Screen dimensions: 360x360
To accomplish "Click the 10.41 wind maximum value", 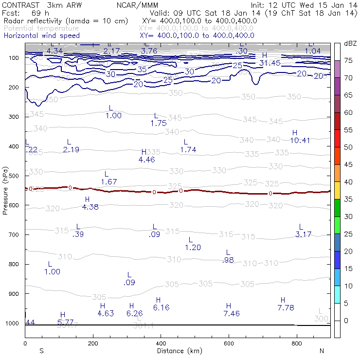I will (x=300, y=141).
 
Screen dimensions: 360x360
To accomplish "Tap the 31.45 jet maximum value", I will (x=270, y=63).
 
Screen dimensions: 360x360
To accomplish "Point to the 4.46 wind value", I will (x=146, y=160).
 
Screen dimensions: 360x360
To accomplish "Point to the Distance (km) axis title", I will (x=177, y=350).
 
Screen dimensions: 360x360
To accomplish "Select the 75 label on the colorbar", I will (x=349, y=60).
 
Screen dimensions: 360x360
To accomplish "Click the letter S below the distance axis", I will (x=41, y=350).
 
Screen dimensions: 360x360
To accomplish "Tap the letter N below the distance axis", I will (x=322, y=350).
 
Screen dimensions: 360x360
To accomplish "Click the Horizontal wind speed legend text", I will (x=41, y=36).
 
